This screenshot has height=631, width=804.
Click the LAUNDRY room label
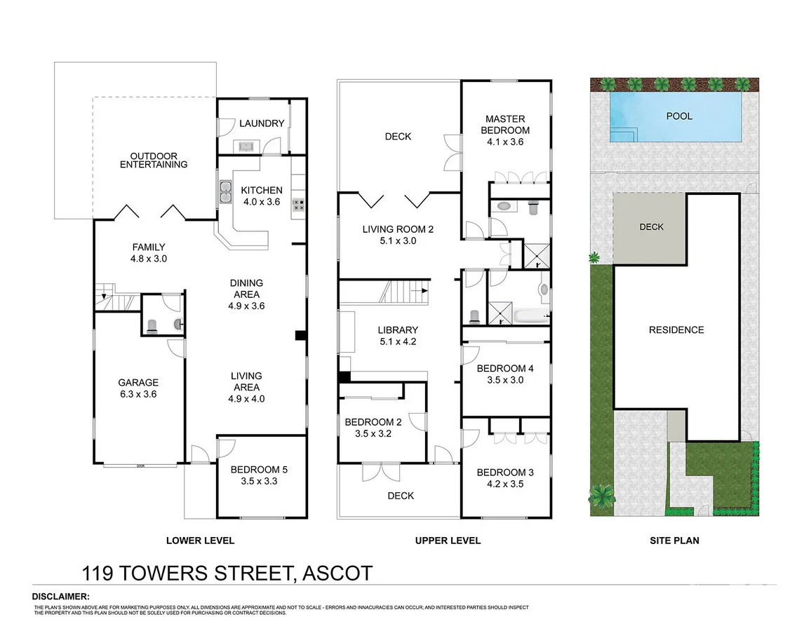click(262, 123)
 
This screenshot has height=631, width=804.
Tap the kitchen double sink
click(226, 191)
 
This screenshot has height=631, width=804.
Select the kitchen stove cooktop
click(298, 205)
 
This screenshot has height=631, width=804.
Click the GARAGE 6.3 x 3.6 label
click(138, 388)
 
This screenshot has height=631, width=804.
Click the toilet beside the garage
click(153, 325)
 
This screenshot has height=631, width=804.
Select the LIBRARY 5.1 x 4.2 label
click(397, 335)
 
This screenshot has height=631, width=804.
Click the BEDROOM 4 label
click(505, 374)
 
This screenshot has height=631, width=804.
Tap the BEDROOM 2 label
click(373, 428)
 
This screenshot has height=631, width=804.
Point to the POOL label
click(678, 116)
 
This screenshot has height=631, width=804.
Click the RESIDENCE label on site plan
click(676, 330)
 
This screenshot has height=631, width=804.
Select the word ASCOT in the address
click(336, 574)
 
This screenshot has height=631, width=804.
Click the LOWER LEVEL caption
click(200, 541)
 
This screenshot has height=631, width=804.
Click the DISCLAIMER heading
click(60, 596)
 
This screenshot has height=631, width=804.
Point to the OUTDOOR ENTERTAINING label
click(154, 160)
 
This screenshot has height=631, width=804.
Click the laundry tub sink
click(246, 146)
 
